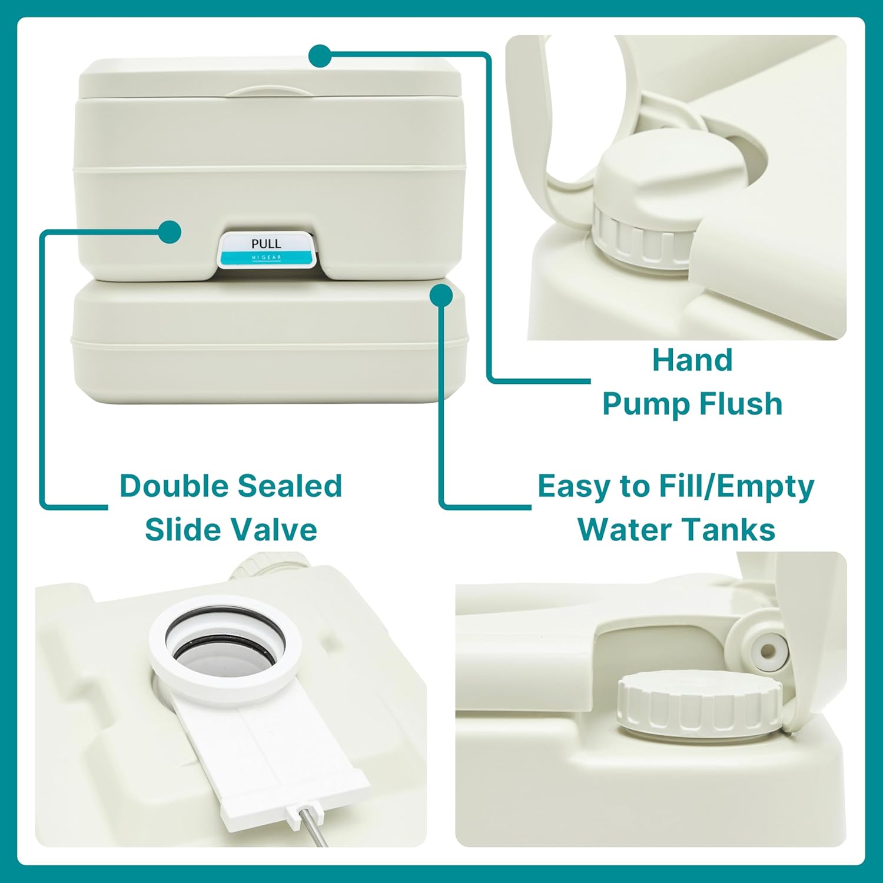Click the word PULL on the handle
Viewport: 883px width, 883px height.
tap(266, 243)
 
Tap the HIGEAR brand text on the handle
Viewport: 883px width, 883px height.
tap(267, 258)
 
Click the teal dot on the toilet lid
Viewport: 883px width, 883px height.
tap(320, 56)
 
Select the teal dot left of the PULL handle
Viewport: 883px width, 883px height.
tap(170, 232)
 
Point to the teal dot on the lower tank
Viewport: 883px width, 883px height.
tap(441, 296)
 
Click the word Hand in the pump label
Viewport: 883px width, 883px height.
tap(692, 360)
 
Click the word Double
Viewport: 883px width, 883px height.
tap(174, 486)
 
